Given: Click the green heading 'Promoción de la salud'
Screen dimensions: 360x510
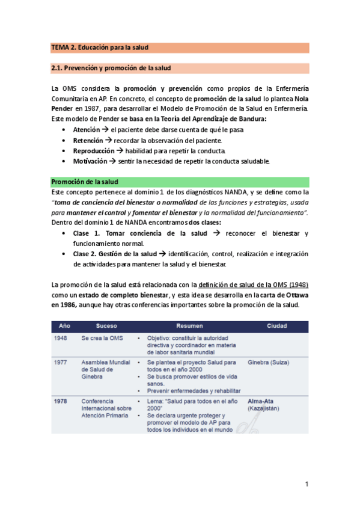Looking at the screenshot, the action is (85, 182).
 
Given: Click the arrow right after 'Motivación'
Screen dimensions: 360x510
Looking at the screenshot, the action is (113, 161).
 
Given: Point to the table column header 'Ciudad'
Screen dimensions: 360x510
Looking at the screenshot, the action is (276, 327).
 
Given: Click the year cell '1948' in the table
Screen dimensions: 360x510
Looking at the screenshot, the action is (61, 339).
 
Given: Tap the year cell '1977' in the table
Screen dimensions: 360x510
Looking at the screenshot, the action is (61, 363).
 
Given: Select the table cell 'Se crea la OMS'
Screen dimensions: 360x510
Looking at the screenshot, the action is (102, 339).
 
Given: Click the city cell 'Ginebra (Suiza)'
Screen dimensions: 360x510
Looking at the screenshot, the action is (268, 363).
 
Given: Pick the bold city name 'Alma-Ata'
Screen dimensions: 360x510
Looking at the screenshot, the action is (260, 401).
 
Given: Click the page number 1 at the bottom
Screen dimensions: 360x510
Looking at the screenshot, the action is (307, 484).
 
